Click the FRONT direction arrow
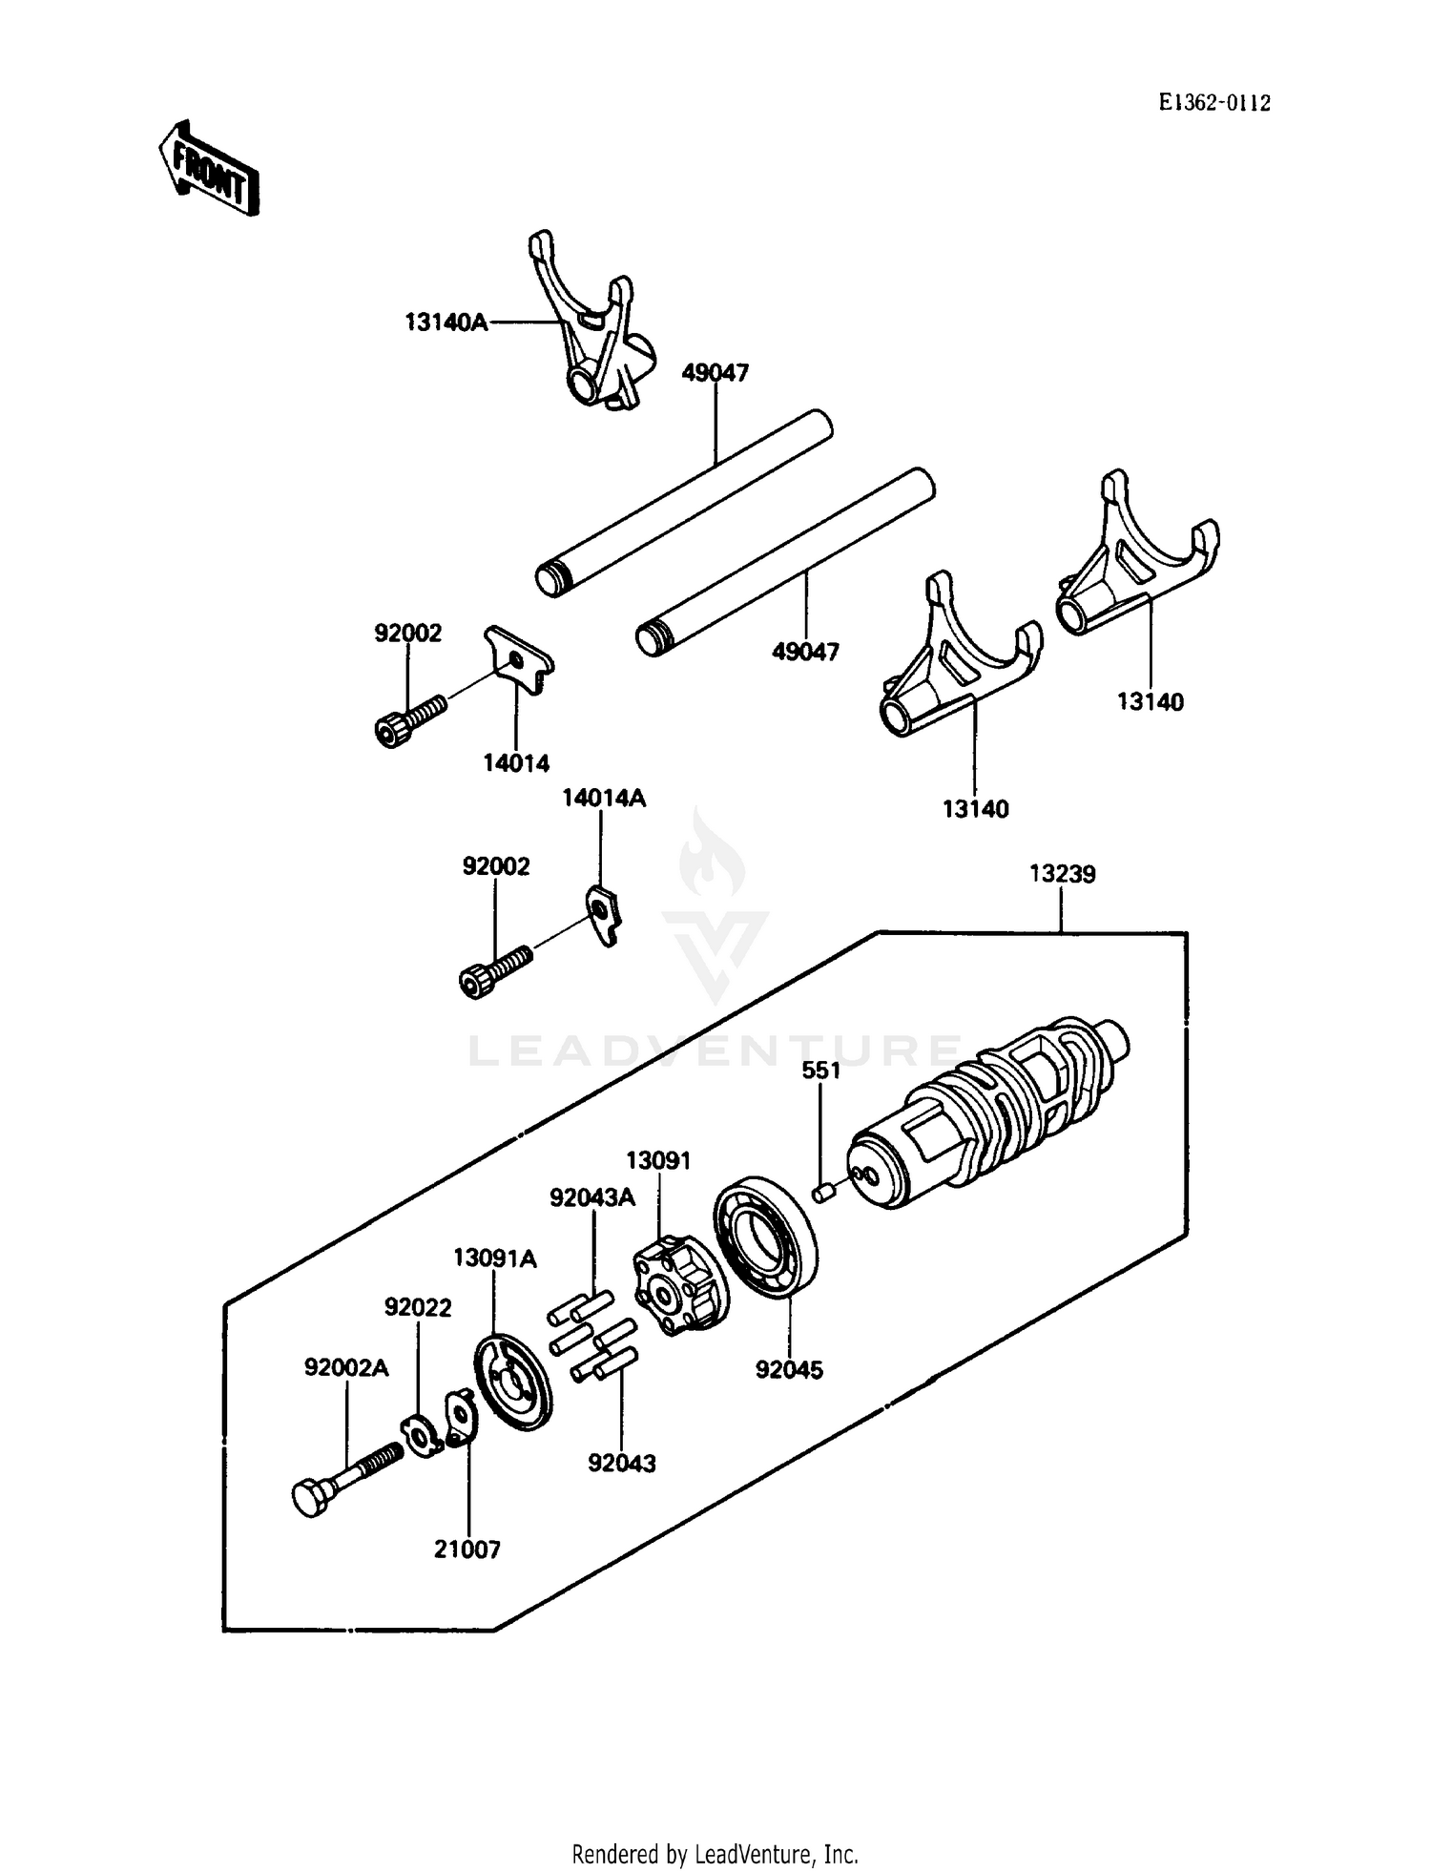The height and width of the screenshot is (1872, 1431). tap(208, 169)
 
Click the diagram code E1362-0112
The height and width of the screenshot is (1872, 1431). tap(1214, 104)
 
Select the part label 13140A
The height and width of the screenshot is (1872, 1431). tap(446, 322)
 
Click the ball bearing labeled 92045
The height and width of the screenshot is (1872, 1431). tap(766, 1238)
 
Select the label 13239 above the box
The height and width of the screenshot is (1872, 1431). tap(1062, 874)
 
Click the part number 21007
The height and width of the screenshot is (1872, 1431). tap(467, 1550)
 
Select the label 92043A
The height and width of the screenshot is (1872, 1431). tap(591, 1197)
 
